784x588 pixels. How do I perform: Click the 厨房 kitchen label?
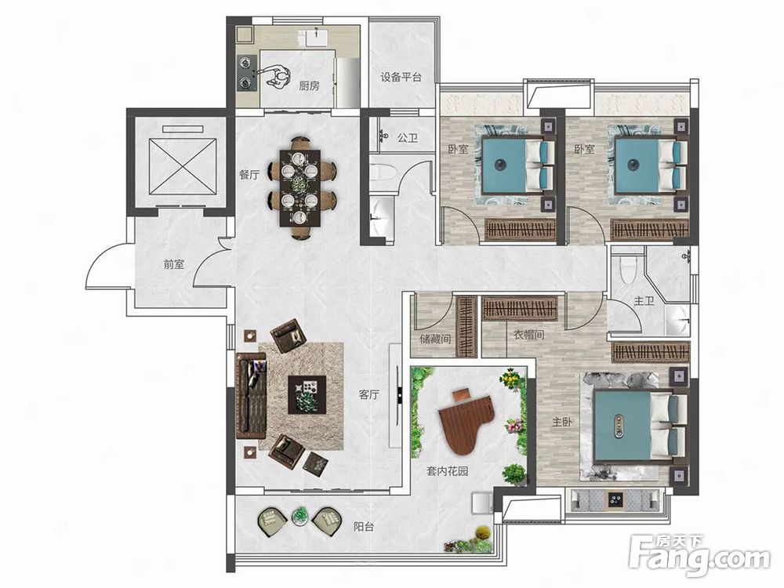(x=309, y=85)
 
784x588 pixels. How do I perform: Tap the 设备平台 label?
(x=401, y=77)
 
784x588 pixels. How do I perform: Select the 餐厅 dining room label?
(x=249, y=175)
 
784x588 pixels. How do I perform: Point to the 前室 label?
(x=174, y=264)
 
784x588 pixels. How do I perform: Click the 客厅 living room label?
(x=369, y=394)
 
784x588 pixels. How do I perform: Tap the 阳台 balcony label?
(x=364, y=526)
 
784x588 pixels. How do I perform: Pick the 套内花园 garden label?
(x=448, y=470)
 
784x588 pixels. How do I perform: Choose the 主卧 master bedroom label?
(x=562, y=422)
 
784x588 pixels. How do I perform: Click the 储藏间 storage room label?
(x=435, y=339)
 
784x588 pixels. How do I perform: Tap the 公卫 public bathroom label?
(x=408, y=137)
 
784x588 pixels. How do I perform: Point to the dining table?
(x=300, y=187)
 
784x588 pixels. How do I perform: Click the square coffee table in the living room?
(x=307, y=394)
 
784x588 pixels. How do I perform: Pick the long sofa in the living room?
(x=251, y=395)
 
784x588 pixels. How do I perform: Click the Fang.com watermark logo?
(x=700, y=555)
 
